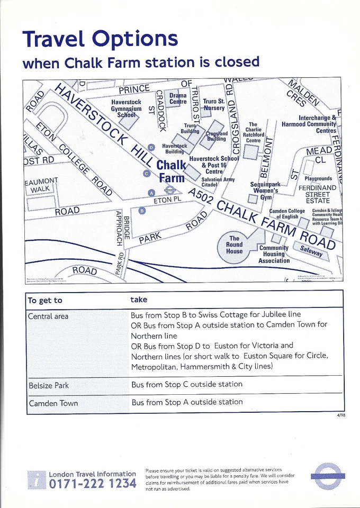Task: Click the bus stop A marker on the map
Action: [x=151, y=192]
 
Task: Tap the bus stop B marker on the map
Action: [x=142, y=211]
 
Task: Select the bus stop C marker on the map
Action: [x=147, y=173]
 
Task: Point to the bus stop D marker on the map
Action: [x=151, y=147]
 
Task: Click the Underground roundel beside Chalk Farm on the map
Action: [x=169, y=189]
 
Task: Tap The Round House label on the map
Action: [x=234, y=245]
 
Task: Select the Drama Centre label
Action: [x=178, y=98]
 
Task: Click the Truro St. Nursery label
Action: [x=214, y=104]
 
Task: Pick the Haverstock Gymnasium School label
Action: [x=127, y=108]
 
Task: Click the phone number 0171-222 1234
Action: [x=93, y=484]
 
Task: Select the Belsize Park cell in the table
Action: [x=49, y=385]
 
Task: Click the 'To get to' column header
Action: [x=45, y=301]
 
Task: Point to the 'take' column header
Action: [x=139, y=300]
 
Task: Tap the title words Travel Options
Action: [x=100, y=39]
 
